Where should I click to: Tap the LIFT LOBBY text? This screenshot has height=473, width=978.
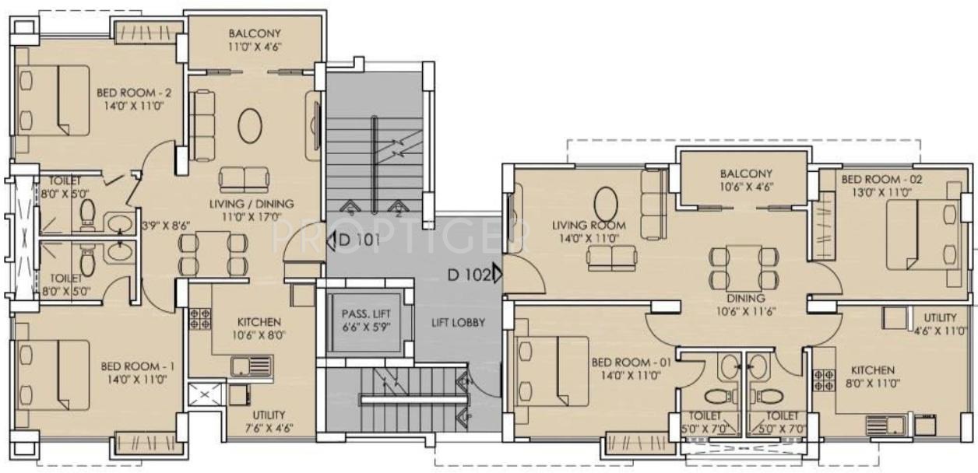tap(458, 322)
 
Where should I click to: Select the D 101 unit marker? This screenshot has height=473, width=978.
tap(354, 240)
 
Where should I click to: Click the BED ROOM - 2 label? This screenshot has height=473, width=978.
tap(134, 93)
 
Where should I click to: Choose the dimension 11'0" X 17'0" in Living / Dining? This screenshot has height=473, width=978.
tap(251, 216)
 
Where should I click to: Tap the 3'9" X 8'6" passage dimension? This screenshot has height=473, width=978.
tap(167, 226)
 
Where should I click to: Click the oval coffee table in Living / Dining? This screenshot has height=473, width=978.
tap(250, 125)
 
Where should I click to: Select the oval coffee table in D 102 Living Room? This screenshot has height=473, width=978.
tap(606, 204)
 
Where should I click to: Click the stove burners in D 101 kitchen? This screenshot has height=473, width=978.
tap(199, 318)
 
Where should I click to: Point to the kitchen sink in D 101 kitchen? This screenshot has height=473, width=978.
tap(252, 366)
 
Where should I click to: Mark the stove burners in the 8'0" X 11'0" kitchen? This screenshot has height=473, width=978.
tap(824, 380)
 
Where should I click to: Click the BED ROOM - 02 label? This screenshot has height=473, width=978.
tap(882, 179)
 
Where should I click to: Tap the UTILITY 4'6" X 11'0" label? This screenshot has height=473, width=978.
tap(940, 324)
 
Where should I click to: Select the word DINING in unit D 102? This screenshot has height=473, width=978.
tap(746, 299)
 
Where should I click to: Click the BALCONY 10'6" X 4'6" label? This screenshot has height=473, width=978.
tap(746, 180)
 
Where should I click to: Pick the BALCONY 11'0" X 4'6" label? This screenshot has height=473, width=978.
tap(255, 40)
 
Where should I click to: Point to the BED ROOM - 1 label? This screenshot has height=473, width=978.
tap(137, 366)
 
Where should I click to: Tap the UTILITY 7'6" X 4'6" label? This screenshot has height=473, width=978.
tap(269, 422)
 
